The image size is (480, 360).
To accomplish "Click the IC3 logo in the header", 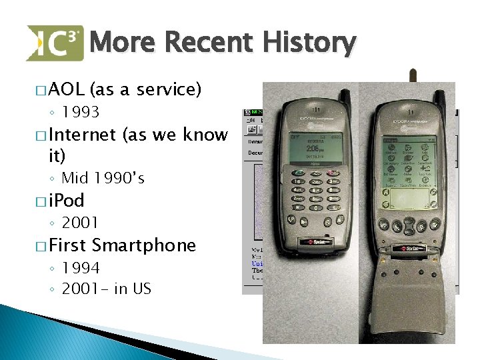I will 55,43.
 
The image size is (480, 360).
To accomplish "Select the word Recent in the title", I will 208,43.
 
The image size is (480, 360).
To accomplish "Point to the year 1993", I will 80,111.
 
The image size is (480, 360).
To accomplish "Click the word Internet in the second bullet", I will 82,135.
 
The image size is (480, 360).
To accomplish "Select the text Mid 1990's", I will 103,178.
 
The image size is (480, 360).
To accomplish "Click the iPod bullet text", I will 66,201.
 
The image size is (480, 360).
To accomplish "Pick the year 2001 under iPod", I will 80,222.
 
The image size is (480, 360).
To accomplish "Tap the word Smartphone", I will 144,245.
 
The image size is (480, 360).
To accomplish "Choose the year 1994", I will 80,267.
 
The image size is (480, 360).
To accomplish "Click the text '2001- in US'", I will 106,288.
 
